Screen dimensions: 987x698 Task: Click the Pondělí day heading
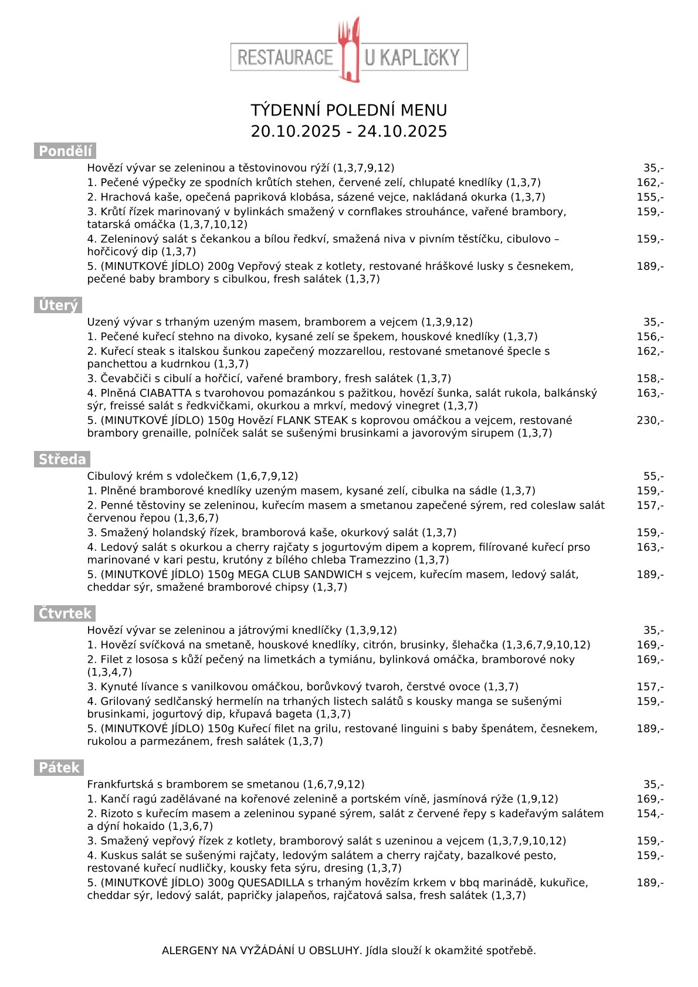pyautogui.click(x=65, y=151)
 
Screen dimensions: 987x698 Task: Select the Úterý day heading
pyautogui.click(x=57, y=306)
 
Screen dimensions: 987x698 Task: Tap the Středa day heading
pyautogui.click(x=62, y=460)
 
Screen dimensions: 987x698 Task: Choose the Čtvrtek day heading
pyautogui.click(x=65, y=614)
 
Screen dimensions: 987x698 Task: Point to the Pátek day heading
pyautogui.click(x=59, y=768)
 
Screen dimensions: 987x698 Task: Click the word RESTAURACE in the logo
pyautogui.click(x=285, y=57)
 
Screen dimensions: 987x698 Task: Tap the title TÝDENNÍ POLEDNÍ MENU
pyautogui.click(x=349, y=110)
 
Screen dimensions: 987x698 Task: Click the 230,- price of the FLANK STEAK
pyautogui.click(x=650, y=420)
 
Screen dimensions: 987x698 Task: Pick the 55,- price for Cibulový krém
pyautogui.click(x=653, y=476)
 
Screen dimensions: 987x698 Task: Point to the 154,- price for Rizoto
pyautogui.click(x=650, y=813)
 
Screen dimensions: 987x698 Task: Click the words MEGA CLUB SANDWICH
pyautogui.click(x=300, y=575)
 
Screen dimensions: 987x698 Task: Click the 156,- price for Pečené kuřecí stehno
pyautogui.click(x=650, y=337)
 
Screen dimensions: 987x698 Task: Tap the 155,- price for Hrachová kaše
pyautogui.click(x=650, y=197)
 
